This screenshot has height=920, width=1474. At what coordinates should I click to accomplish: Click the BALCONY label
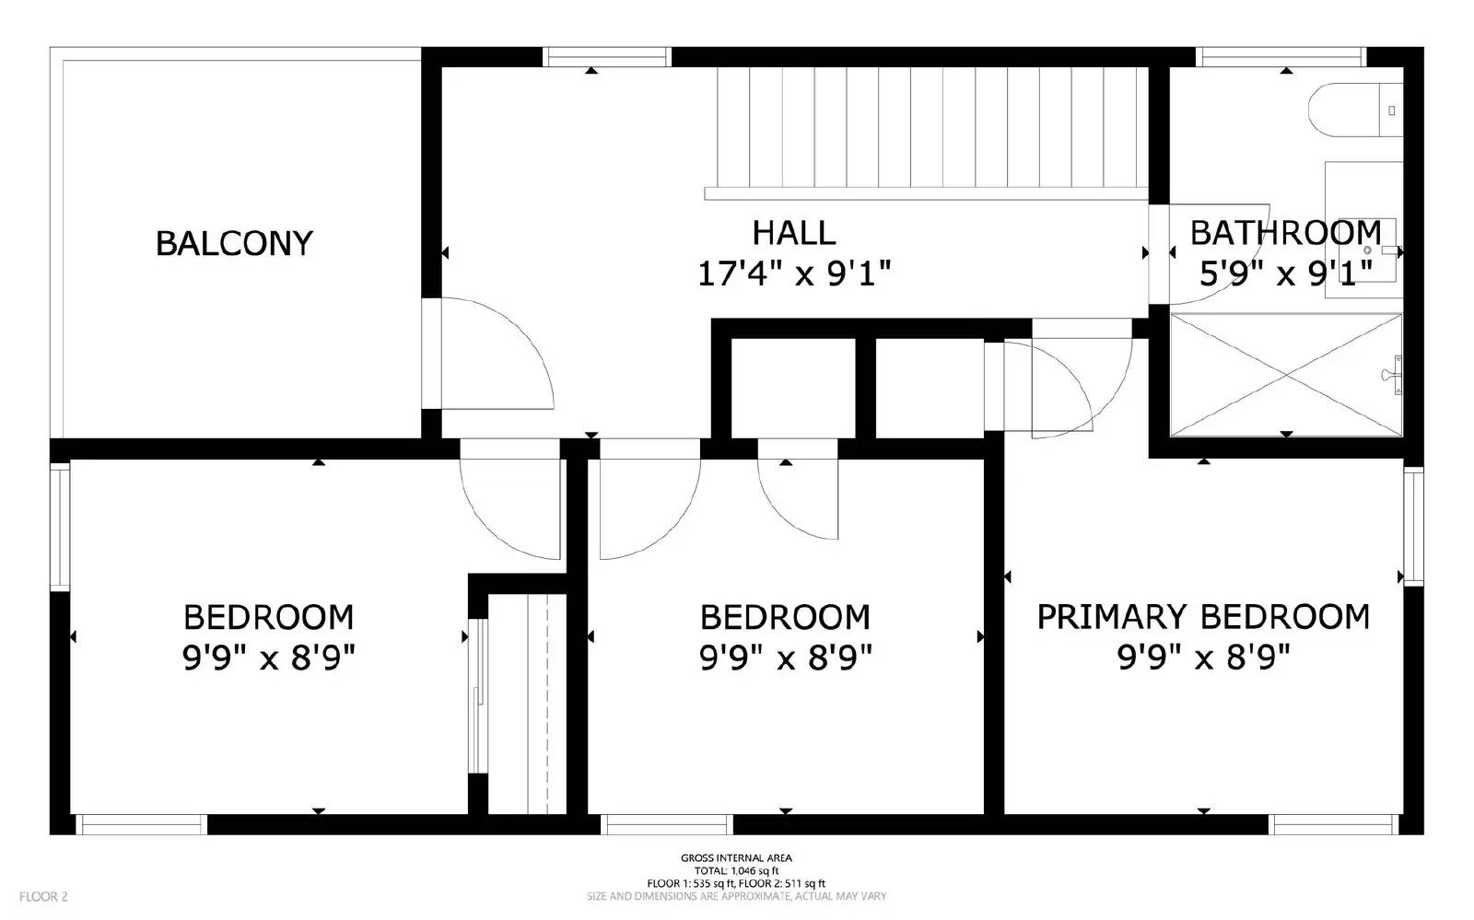pyautogui.click(x=234, y=243)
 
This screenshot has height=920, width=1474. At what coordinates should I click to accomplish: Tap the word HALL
pyautogui.click(x=794, y=233)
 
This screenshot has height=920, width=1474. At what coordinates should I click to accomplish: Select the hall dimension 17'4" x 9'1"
pyautogui.click(x=794, y=274)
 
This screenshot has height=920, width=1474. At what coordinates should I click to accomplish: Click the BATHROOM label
pyautogui.click(x=1285, y=233)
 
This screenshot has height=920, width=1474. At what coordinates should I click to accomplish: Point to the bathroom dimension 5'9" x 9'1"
pyautogui.click(x=1285, y=274)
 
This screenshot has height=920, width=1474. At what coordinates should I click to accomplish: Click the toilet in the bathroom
pyautogui.click(x=1354, y=110)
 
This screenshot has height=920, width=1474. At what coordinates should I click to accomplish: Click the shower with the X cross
pyautogui.click(x=1285, y=374)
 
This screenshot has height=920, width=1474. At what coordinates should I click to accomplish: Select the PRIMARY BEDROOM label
pyautogui.click(x=1203, y=616)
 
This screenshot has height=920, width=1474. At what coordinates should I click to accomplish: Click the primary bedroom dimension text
pyautogui.click(x=1203, y=658)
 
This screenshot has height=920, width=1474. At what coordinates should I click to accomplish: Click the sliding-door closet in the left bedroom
pyautogui.click(x=525, y=705)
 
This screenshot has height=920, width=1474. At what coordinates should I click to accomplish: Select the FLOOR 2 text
pyautogui.click(x=44, y=896)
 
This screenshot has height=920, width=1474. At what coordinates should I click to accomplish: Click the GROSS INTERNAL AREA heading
pyautogui.click(x=736, y=858)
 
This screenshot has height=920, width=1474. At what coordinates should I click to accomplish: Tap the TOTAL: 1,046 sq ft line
pyautogui.click(x=736, y=870)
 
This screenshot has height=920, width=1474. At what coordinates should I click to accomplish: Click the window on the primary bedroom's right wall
pyautogui.click(x=1413, y=525)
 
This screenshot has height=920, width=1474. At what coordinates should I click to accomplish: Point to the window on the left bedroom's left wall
pyautogui.click(x=60, y=526)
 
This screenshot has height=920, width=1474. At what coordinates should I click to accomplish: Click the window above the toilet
pyautogui.click(x=1281, y=57)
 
